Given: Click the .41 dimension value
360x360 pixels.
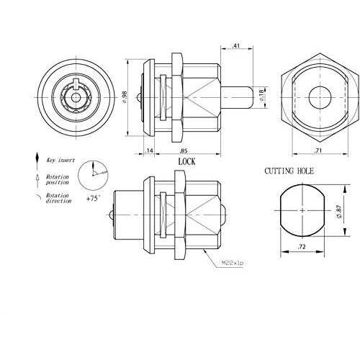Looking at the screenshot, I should tap(238, 45).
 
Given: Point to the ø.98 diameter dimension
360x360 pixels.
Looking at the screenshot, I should tap(125, 96).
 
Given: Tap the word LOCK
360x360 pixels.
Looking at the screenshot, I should tap(186, 162).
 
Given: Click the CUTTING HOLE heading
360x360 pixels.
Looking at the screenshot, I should tap(291, 171).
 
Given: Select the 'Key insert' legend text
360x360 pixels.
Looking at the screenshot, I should tap(60, 163).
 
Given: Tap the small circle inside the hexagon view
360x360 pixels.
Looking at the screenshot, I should tap(317, 96).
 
